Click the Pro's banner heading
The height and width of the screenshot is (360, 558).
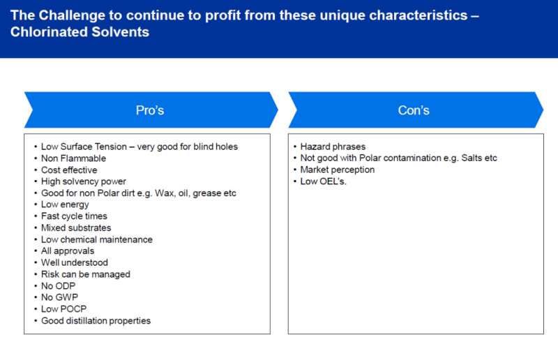click(150, 110)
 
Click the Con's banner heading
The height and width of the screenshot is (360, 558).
click(414, 110)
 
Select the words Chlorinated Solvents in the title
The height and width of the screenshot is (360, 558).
click(80, 32)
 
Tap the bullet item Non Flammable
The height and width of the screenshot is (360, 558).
click(74, 158)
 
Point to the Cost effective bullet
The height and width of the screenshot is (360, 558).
click(69, 170)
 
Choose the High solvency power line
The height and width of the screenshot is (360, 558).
click(84, 181)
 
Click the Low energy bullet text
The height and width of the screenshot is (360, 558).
click(65, 204)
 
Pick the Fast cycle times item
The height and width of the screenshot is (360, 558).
click(74, 216)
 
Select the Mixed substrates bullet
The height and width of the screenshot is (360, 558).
click(76, 228)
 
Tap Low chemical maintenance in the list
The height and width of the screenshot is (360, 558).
click(97, 239)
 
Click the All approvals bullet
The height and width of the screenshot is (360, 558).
click(68, 251)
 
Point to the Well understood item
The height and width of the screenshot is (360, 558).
click(75, 263)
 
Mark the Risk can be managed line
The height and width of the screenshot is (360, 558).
click(86, 275)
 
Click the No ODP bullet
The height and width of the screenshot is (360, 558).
click(59, 286)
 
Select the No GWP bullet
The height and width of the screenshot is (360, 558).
click(59, 297)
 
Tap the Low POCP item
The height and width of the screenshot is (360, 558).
click(63, 309)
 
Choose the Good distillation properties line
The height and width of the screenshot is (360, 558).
click(96, 321)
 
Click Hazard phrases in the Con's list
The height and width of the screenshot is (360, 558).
click(333, 147)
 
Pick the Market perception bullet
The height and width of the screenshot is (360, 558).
click(338, 170)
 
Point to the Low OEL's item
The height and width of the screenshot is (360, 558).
click(323, 181)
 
